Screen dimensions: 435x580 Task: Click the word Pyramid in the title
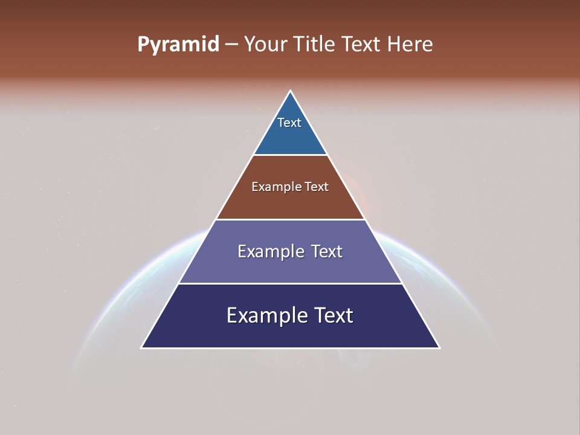178,45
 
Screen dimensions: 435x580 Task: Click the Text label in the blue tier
289,123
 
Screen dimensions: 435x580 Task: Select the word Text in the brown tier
317,187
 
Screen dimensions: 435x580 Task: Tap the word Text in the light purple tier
327,251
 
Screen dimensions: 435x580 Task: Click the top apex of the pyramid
291,91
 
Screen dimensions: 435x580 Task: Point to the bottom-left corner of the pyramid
142,347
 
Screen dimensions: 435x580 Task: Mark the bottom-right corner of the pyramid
439,347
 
